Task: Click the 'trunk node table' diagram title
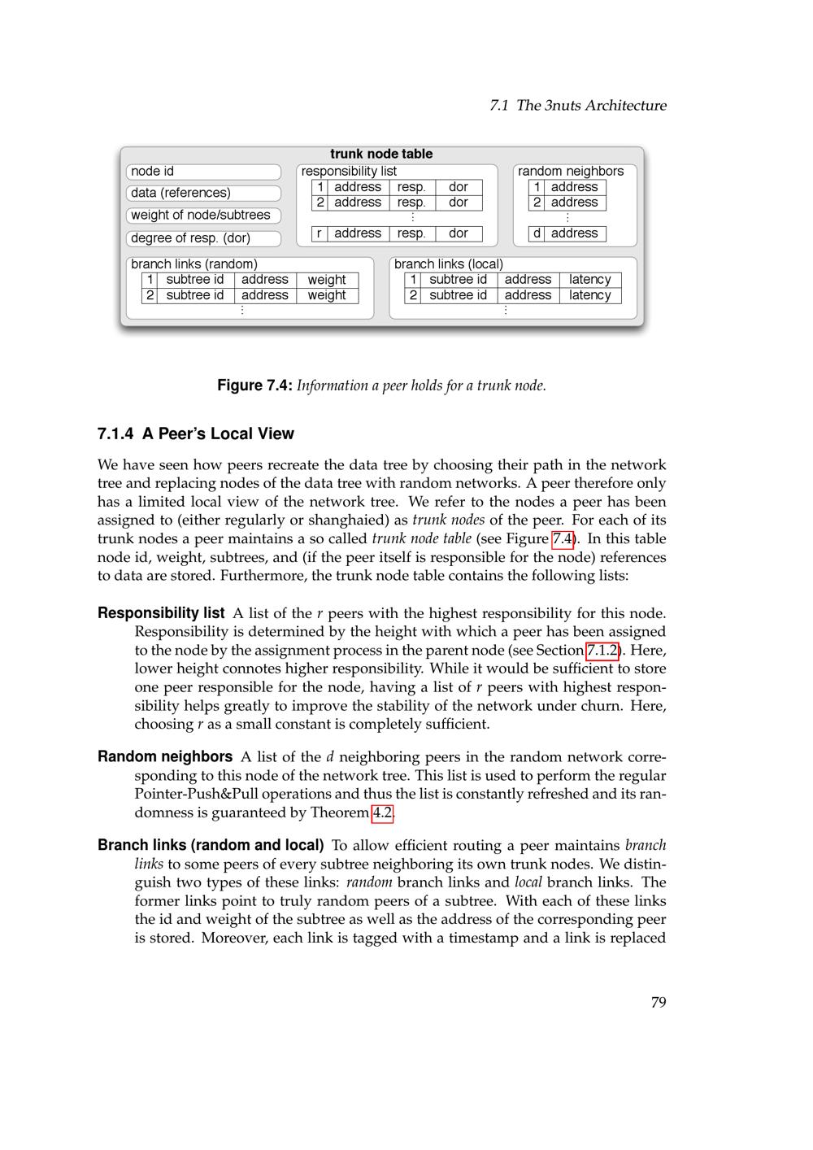click(x=381, y=154)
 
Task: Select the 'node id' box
click(x=203, y=172)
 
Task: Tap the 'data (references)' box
click(x=203, y=193)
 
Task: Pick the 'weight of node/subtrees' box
click(x=203, y=216)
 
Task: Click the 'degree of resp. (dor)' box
click(x=203, y=238)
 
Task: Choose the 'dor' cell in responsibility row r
click(x=459, y=233)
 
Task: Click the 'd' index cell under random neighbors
click(x=537, y=233)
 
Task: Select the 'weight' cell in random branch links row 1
click(x=327, y=280)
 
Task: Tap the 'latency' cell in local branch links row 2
click(x=590, y=295)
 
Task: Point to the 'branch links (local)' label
click(x=449, y=264)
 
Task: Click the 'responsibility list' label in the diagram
click(x=349, y=172)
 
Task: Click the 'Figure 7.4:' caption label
click(x=254, y=386)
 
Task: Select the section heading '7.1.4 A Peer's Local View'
click(x=195, y=433)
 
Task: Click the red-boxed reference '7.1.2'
click(x=602, y=651)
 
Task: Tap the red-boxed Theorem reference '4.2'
click(x=382, y=812)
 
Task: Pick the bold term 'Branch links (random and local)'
click(x=211, y=845)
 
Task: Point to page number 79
click(x=659, y=1002)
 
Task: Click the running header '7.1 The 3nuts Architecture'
click(x=578, y=105)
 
